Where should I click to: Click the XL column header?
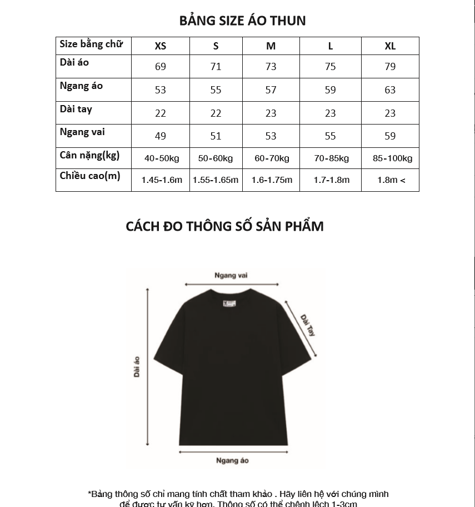pyautogui.click(x=390, y=46)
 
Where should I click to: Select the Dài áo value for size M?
pyautogui.click(x=271, y=67)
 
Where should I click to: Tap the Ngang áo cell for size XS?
pyautogui.click(x=161, y=90)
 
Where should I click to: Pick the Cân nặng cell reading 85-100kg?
pyautogui.click(x=392, y=158)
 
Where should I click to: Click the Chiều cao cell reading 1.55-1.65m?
pyautogui.click(x=216, y=180)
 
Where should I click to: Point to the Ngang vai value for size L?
pyautogui.click(x=330, y=136)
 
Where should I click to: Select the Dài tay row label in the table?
pyautogui.click(x=76, y=109)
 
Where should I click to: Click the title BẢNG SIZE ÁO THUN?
pyautogui.click(x=242, y=21)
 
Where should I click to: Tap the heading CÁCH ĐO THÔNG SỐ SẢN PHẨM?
pyautogui.click(x=224, y=226)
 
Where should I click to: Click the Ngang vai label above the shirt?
pyautogui.click(x=231, y=276)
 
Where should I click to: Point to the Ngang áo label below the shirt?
pyautogui.click(x=232, y=460)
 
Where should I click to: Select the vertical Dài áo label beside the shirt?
pyautogui.click(x=137, y=367)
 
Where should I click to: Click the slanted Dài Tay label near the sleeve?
pyautogui.click(x=308, y=325)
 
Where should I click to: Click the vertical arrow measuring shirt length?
pyautogui.click(x=148, y=367)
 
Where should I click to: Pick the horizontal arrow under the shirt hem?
pyautogui.click(x=233, y=452)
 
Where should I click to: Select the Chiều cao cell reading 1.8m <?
pyautogui.click(x=391, y=180)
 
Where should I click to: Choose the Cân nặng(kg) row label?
pyautogui.click(x=89, y=155)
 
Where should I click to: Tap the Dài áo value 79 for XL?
pyautogui.click(x=390, y=67)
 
